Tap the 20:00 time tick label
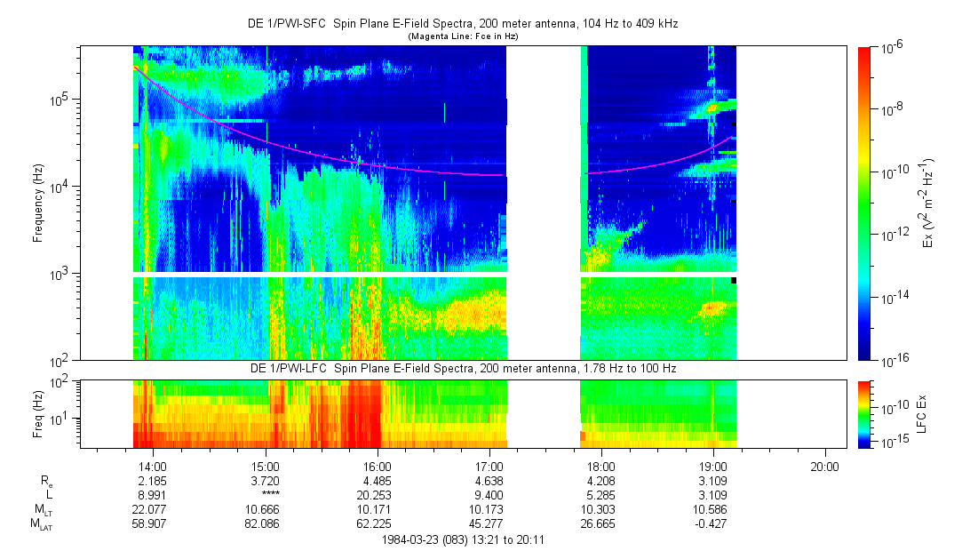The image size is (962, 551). [x=825, y=466]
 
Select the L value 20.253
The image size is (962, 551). [x=378, y=494]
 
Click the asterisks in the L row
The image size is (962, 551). [x=266, y=494]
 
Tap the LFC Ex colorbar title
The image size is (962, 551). [x=923, y=413]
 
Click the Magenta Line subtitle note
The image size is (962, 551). [x=463, y=36]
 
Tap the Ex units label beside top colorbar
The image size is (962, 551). [x=926, y=204]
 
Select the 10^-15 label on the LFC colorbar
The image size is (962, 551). [x=892, y=442]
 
